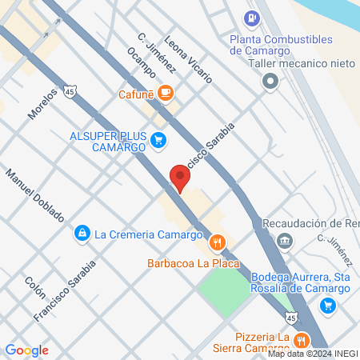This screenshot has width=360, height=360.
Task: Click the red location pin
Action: (178, 178)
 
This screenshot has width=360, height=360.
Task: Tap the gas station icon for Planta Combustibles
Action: (253, 17)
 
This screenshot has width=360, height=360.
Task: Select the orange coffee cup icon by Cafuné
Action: (166, 94)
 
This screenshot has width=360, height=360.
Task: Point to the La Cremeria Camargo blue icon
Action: (82, 234)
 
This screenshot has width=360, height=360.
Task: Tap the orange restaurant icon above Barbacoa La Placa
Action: (216, 242)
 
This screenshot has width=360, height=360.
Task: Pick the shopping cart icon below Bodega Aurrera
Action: (327, 305)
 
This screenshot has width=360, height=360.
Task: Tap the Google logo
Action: (26, 350)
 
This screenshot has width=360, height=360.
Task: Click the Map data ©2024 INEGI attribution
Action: (313, 353)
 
